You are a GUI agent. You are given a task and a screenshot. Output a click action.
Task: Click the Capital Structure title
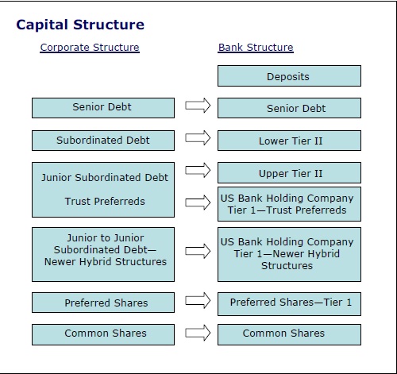point(80,25)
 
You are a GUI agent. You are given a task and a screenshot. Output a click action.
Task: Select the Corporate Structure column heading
point(90,48)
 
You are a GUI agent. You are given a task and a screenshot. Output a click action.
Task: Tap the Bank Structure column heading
point(256,48)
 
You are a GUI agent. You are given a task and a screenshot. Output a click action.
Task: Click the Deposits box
point(289,76)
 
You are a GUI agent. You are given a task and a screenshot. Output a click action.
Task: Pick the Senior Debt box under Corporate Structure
point(103,108)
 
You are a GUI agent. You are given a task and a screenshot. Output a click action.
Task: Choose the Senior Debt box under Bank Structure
point(289,108)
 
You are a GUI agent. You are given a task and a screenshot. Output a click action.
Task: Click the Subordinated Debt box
point(103,141)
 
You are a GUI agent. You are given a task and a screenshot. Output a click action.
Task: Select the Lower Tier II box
point(289,141)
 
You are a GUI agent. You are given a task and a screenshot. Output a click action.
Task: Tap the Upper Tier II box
point(289,173)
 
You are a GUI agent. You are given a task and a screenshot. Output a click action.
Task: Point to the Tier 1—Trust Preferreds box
point(289,204)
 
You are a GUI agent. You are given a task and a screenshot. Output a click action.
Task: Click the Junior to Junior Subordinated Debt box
point(103,252)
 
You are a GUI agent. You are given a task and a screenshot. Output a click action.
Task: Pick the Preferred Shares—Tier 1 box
point(289,302)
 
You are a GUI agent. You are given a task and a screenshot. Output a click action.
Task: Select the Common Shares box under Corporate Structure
point(103,334)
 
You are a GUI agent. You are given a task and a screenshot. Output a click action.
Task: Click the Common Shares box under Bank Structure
point(289,334)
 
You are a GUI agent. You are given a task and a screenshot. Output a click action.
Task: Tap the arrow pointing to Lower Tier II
point(197,138)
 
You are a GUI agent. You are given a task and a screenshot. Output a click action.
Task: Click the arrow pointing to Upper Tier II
point(197,170)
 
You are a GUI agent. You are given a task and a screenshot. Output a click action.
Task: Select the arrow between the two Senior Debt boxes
point(197,106)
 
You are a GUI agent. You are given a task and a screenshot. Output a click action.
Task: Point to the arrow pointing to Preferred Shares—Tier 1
point(197,300)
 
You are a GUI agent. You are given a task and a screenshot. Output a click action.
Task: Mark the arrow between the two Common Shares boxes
point(197,332)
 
